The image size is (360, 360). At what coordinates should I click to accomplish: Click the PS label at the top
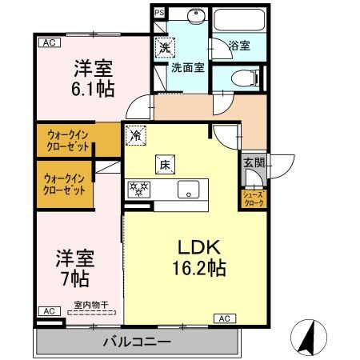[158, 13]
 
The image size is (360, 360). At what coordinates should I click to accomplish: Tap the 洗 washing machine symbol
[165, 47]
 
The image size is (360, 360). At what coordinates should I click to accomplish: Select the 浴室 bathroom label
[239, 46]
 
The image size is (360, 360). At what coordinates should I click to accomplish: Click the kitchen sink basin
[189, 190]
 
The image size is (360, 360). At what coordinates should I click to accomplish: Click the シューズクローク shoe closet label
[254, 198]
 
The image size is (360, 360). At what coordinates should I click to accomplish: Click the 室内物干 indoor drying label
[92, 304]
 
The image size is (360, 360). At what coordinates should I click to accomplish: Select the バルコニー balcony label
[136, 342]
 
